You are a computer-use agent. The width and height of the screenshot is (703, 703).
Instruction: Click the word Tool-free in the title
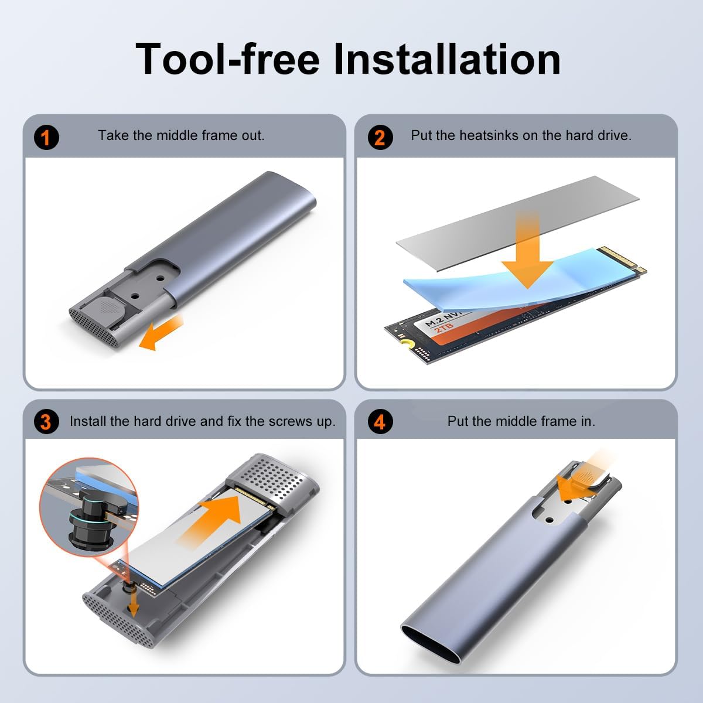pos(228,59)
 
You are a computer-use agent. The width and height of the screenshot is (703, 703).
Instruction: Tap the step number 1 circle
pos(46,138)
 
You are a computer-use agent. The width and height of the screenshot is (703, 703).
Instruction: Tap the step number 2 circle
pos(380,138)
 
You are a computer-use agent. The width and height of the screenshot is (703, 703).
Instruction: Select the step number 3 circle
pos(46,422)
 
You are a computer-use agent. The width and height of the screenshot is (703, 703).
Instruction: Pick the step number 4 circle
pos(380,422)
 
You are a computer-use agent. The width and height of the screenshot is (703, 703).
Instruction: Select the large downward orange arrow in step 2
pos(527,252)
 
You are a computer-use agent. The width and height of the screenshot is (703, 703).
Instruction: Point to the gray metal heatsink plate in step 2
pos(518,223)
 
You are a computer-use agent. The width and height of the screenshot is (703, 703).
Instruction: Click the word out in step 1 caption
pos(252,135)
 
